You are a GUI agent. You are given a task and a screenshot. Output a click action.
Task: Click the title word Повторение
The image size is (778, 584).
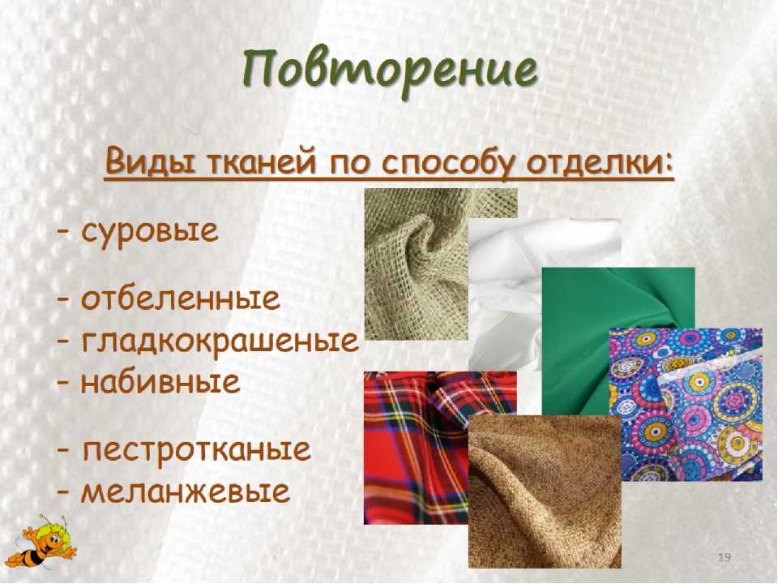point(390,71)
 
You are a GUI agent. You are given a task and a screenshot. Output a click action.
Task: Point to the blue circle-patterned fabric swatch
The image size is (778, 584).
point(686,404)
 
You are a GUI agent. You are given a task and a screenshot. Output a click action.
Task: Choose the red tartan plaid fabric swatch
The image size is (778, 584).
point(416,448)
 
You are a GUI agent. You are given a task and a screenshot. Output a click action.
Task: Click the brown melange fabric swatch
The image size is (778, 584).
point(545,492)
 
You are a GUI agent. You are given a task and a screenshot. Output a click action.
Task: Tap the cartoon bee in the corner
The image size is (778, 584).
point(44,543)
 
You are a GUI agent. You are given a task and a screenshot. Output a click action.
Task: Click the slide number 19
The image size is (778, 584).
point(725,557)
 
